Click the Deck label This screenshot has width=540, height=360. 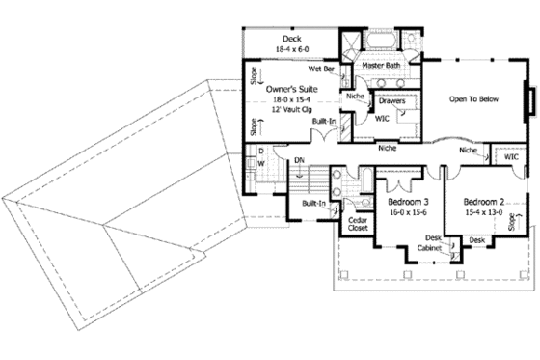[x=292, y=39]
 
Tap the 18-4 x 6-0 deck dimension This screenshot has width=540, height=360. [x=292, y=49]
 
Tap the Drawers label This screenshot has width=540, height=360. [x=391, y=100]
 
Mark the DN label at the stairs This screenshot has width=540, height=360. [x=299, y=161]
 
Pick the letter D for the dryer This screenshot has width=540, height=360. [x=260, y=152]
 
